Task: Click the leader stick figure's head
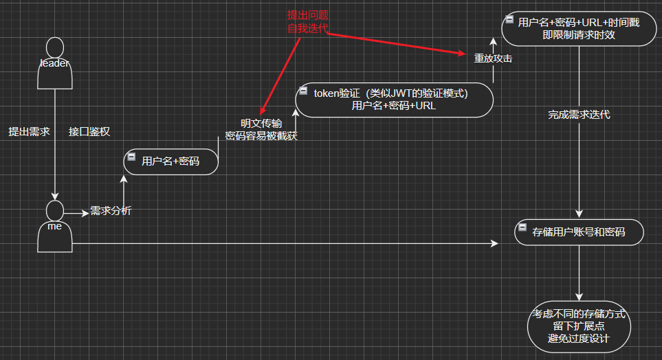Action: (x=54, y=47)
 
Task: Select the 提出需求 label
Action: (x=29, y=132)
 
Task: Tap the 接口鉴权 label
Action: (x=89, y=132)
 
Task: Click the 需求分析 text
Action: (x=111, y=212)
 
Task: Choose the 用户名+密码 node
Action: (x=171, y=162)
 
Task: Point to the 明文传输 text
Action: (x=261, y=124)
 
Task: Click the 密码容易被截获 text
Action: (x=261, y=136)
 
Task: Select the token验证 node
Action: (x=395, y=100)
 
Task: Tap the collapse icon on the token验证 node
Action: (x=303, y=91)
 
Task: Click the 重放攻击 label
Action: (x=493, y=59)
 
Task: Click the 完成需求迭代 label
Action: (x=579, y=115)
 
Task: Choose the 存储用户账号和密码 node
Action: (x=579, y=233)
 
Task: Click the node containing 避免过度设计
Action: (x=579, y=326)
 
